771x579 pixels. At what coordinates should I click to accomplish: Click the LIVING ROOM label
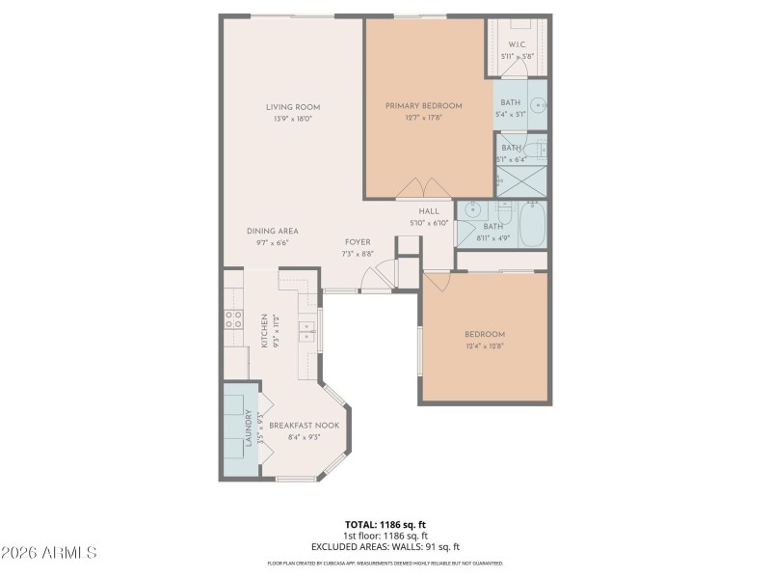coord(293,107)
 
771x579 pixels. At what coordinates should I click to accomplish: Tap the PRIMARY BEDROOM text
coord(423,106)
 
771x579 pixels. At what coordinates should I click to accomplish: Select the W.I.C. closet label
coord(517,45)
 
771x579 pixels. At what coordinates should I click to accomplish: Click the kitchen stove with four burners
coord(233,318)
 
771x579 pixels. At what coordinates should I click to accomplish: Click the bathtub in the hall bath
coord(532,224)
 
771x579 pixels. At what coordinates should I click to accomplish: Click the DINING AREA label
coord(272,231)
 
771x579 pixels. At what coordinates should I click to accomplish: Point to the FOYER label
coord(359,242)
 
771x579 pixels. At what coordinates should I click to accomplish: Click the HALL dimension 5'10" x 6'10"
coord(429,223)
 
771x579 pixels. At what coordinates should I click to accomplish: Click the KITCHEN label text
coord(264,331)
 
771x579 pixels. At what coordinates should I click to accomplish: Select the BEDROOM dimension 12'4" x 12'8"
coord(484,345)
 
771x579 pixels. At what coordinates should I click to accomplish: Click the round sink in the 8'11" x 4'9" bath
coord(473,211)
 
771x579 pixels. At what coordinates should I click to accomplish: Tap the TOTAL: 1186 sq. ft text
coord(385,525)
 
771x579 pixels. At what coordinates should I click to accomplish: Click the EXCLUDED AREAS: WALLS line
coord(385,546)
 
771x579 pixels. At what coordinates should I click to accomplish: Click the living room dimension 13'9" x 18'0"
coord(293,119)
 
